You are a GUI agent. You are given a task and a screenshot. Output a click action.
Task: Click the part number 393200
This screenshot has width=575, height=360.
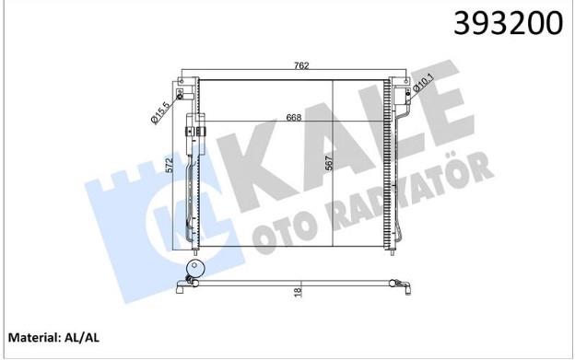(508, 23)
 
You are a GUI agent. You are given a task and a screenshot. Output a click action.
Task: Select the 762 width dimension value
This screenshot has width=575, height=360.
(301, 65)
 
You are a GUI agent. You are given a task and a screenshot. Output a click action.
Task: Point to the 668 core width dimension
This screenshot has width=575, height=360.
(294, 117)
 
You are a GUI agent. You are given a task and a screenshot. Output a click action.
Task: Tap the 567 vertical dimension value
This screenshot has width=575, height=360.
(328, 163)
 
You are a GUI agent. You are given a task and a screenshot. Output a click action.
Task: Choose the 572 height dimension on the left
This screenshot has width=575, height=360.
(176, 166)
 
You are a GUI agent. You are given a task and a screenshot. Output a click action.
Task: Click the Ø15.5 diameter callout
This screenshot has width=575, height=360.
(160, 113)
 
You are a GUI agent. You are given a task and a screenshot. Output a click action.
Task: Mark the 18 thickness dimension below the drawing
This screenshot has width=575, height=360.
(298, 292)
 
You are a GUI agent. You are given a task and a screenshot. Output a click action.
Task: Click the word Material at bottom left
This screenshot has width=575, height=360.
(32, 337)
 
